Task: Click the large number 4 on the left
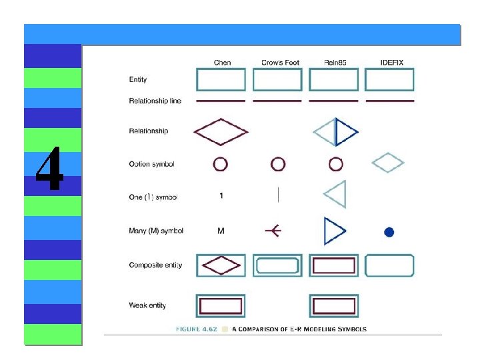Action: (x=50, y=169)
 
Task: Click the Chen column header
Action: (x=222, y=63)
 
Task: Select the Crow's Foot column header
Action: (x=280, y=63)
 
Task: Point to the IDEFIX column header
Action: (x=391, y=63)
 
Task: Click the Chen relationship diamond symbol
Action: (x=220, y=131)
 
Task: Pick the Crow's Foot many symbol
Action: (x=273, y=231)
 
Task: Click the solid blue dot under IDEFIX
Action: (x=389, y=232)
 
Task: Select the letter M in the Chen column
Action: (x=221, y=231)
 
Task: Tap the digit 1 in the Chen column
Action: (x=221, y=196)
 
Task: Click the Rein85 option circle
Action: (x=336, y=164)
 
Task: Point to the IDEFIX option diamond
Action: (x=387, y=163)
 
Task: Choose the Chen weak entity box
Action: (x=221, y=306)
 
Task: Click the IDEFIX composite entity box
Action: (x=389, y=265)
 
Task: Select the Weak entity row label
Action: (x=147, y=305)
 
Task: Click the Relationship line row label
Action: (x=155, y=101)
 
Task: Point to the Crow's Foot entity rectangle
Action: (x=277, y=80)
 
